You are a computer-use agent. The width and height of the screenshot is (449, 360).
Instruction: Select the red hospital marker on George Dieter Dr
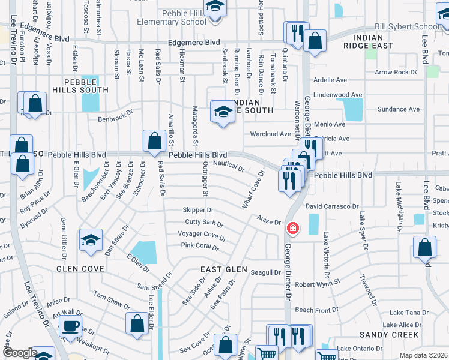(292, 229)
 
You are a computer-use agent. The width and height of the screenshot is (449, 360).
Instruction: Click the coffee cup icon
(71, 327)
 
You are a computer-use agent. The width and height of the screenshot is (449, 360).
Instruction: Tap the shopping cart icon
(267, 353)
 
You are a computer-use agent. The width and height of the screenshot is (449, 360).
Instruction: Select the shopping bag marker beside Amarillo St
(155, 142)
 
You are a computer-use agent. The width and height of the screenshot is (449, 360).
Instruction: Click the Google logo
(19, 353)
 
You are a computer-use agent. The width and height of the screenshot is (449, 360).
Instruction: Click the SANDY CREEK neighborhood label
(384, 334)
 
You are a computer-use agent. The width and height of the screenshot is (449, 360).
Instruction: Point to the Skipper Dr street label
(198, 211)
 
